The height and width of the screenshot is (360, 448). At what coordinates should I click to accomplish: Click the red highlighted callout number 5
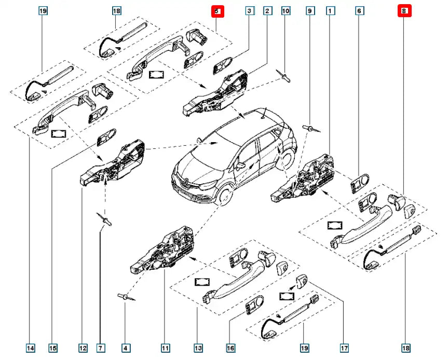click(x=217, y=10)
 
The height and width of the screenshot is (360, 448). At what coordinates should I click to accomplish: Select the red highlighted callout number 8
click(x=404, y=10)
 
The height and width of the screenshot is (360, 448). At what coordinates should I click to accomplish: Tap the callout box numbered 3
click(x=250, y=10)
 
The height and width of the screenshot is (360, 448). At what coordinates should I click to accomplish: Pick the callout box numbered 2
click(x=267, y=10)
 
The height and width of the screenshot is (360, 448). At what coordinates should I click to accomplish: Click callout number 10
click(x=286, y=10)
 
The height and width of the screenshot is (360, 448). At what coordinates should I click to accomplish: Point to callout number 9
click(x=310, y=10)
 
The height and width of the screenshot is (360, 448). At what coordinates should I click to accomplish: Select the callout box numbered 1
click(x=330, y=10)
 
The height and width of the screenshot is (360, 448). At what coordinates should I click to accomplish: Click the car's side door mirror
click(x=240, y=166)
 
